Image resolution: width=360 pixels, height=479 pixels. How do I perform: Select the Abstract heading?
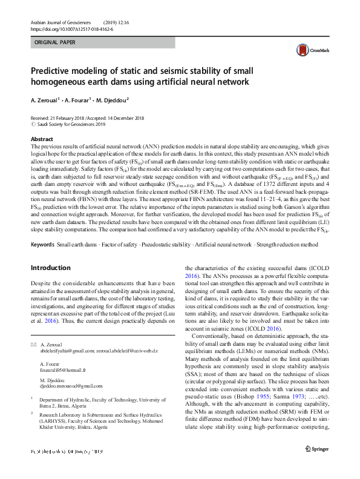point(42,139)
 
